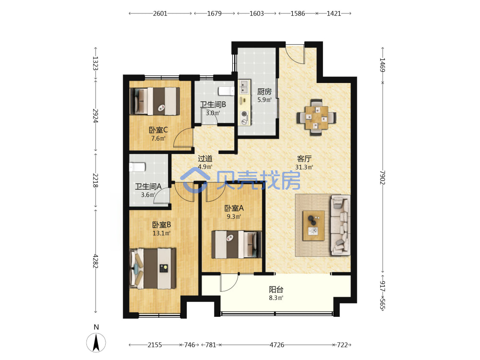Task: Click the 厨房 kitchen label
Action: tap(264, 92)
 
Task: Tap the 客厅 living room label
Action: tap(304, 159)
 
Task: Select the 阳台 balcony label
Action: tap(276, 289)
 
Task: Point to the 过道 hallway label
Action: tap(205, 158)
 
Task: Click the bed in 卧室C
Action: tap(155, 101)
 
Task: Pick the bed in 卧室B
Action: tap(153, 268)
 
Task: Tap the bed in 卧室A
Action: tap(237, 244)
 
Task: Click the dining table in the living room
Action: tap(316, 118)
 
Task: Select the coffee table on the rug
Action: tap(313, 226)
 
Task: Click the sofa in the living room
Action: tap(340, 225)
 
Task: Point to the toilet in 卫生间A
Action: tap(137, 167)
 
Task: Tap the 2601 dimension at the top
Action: tap(160, 13)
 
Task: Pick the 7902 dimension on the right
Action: tap(383, 178)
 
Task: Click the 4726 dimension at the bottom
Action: tap(277, 345)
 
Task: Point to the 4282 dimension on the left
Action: tap(96, 261)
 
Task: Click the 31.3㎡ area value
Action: tap(304, 167)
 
